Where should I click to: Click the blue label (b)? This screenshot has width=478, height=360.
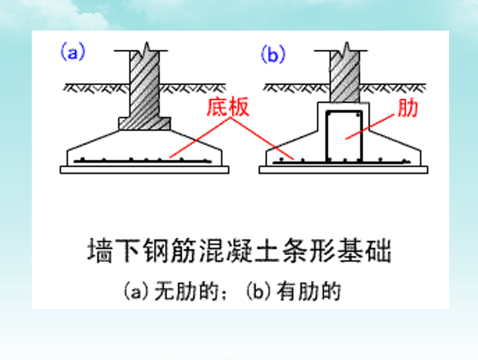click(x=271, y=54)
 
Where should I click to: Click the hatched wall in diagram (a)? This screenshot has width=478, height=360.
click(x=145, y=84)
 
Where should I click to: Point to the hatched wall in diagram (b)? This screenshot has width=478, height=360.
click(x=345, y=78)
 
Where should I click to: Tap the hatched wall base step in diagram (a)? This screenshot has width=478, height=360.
click(x=145, y=123)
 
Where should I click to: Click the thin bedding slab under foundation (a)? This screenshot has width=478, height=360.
click(x=145, y=170)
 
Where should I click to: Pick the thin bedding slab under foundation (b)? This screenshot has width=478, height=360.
click(x=343, y=170)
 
